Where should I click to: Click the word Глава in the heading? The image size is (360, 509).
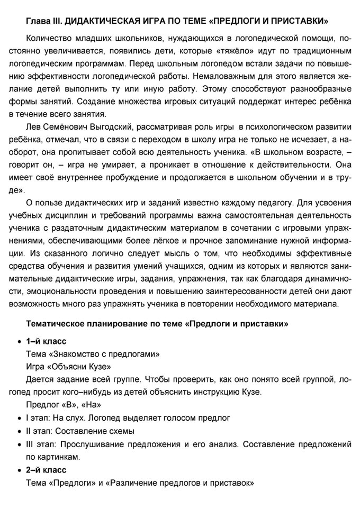pos(37,21)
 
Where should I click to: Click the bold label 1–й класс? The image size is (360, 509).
pos(46,341)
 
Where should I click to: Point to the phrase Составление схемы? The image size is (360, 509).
pos(100,430)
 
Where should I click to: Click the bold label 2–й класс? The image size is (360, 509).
pos(46,468)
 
